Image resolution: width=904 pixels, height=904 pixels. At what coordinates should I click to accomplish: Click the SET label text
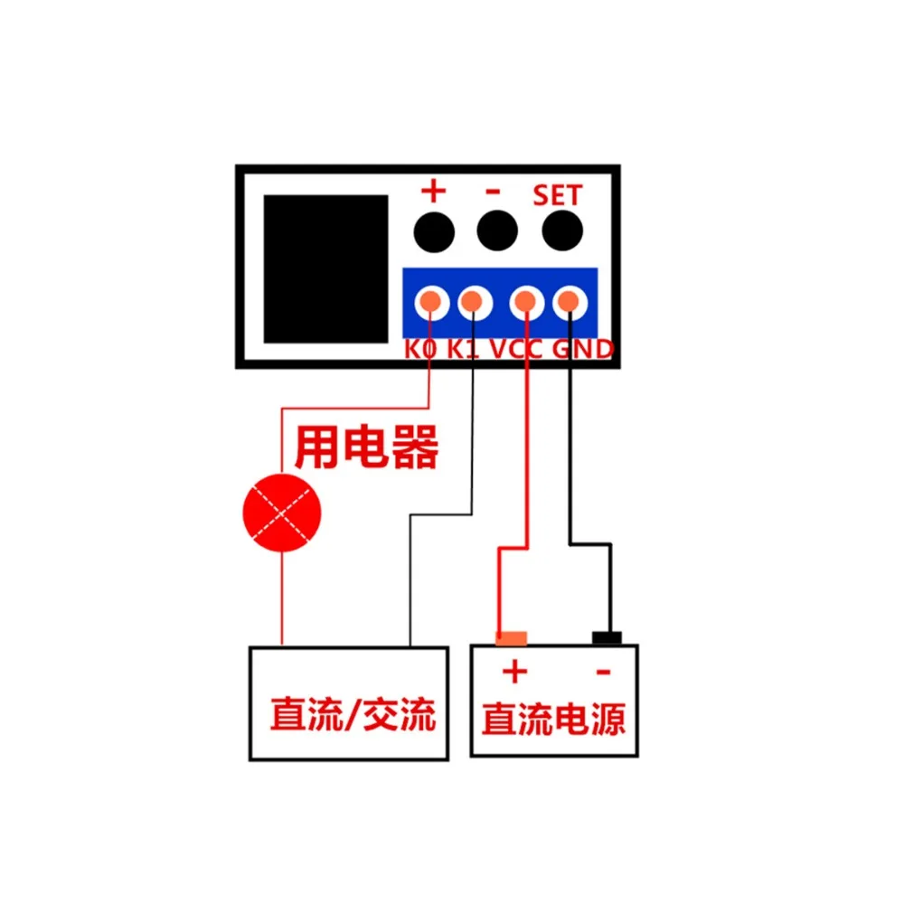pos(557,195)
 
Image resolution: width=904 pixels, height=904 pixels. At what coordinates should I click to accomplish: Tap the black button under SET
pos(562,231)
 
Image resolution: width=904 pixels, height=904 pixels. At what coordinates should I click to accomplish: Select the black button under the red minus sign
pos(497,231)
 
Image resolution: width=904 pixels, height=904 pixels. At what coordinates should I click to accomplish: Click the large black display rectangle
pos(325,268)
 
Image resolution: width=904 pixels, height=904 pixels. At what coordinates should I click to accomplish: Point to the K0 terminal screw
pos(431,302)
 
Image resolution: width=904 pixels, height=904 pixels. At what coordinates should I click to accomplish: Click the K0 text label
pos(420,349)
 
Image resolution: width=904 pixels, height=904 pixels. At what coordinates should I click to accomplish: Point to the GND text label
pos(582,349)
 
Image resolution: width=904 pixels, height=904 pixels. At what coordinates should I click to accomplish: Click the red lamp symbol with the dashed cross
pos(282,513)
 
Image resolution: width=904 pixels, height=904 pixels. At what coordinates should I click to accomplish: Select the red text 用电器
pos(367,447)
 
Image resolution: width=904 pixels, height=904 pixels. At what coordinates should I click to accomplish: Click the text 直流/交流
pos(353,714)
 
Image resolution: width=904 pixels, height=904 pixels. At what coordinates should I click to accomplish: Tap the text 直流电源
pos(554,719)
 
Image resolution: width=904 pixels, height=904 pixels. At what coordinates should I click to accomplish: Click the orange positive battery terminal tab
pos(512,638)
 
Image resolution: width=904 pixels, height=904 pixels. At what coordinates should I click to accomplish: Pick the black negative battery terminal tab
pos(607,638)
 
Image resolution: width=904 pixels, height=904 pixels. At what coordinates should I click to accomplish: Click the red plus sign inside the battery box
pos(515,672)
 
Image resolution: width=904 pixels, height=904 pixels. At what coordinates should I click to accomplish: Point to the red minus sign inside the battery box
pos(603,672)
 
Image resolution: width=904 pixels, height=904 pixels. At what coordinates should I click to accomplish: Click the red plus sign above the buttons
pos(434,191)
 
